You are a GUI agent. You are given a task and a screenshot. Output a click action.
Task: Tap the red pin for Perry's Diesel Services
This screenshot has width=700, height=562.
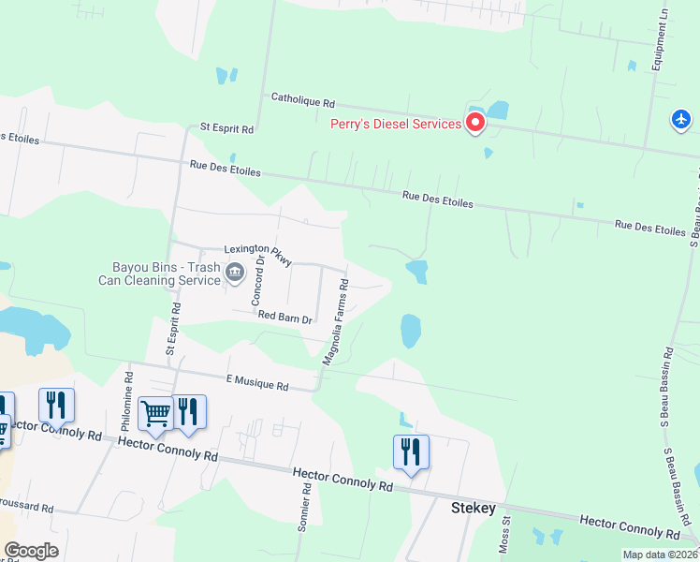(x=475, y=123)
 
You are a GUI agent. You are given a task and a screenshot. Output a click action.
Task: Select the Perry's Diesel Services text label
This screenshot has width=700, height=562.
(x=396, y=124)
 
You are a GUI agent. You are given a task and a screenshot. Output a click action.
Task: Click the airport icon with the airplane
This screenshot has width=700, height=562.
(x=681, y=120)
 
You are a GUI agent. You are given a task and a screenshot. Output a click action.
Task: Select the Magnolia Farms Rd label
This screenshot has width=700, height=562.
(x=336, y=321)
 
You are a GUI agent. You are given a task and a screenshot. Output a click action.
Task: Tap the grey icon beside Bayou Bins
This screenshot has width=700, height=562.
(x=234, y=274)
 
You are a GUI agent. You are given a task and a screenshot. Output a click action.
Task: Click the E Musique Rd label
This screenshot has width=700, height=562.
(x=258, y=382)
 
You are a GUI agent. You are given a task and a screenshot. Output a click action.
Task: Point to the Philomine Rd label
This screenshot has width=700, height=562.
(x=128, y=398)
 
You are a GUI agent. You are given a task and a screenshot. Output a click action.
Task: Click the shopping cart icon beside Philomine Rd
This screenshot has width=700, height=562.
(x=155, y=412)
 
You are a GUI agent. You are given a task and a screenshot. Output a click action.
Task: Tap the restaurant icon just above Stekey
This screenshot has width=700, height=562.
(x=411, y=452)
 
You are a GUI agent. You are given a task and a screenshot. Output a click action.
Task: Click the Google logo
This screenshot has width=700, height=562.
(x=31, y=551)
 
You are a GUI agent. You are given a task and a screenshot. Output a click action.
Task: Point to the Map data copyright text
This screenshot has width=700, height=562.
(x=659, y=555)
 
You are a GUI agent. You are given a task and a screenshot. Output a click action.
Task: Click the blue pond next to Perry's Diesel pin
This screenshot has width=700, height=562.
(x=497, y=110)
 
